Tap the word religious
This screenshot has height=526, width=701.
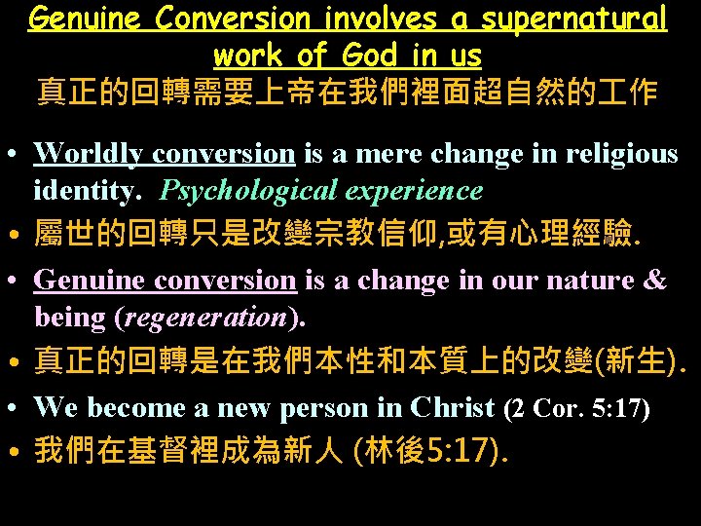pos(623,154)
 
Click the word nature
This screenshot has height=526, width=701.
pos(593,281)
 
